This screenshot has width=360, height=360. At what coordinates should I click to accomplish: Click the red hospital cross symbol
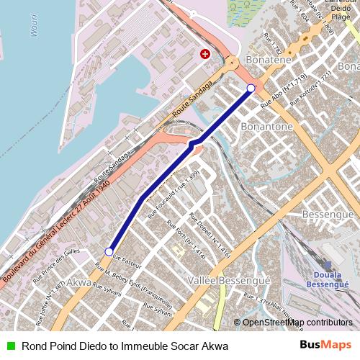(x=205, y=53)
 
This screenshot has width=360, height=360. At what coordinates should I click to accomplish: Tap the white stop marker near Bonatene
(x=251, y=88)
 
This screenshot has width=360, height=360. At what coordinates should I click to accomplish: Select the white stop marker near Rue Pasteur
(x=109, y=252)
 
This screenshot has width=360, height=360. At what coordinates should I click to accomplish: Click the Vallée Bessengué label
(x=217, y=279)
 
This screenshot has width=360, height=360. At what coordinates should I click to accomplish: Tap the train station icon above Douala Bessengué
(x=328, y=266)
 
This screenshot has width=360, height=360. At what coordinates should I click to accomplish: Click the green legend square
(x=10, y=346)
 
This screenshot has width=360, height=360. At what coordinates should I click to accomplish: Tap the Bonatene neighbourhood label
(x=268, y=58)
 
